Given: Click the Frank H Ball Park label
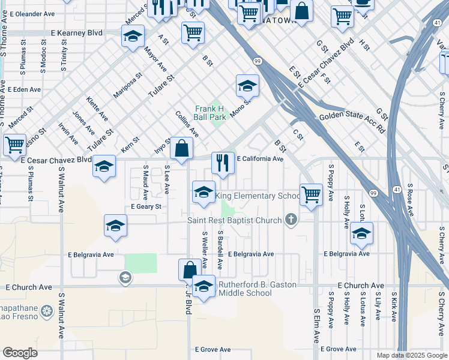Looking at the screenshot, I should pyautogui.click(x=210, y=113).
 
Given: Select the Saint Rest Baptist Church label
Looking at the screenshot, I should pyautogui.click(x=234, y=220).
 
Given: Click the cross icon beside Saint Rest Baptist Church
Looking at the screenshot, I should pyautogui.click(x=292, y=220).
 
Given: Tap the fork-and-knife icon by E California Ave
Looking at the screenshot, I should pyautogui.click(x=223, y=162).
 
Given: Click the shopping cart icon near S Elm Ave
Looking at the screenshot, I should pyautogui.click(x=311, y=194).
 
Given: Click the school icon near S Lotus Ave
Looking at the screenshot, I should pyautogui.click(x=361, y=233).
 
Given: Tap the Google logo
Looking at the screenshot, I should pyautogui.click(x=20, y=353).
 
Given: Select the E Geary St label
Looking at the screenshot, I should pyautogui.click(x=146, y=206).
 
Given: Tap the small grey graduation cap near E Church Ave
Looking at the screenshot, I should pyautogui.click(x=125, y=277).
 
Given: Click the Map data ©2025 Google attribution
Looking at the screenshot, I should pyautogui.click(x=411, y=355).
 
